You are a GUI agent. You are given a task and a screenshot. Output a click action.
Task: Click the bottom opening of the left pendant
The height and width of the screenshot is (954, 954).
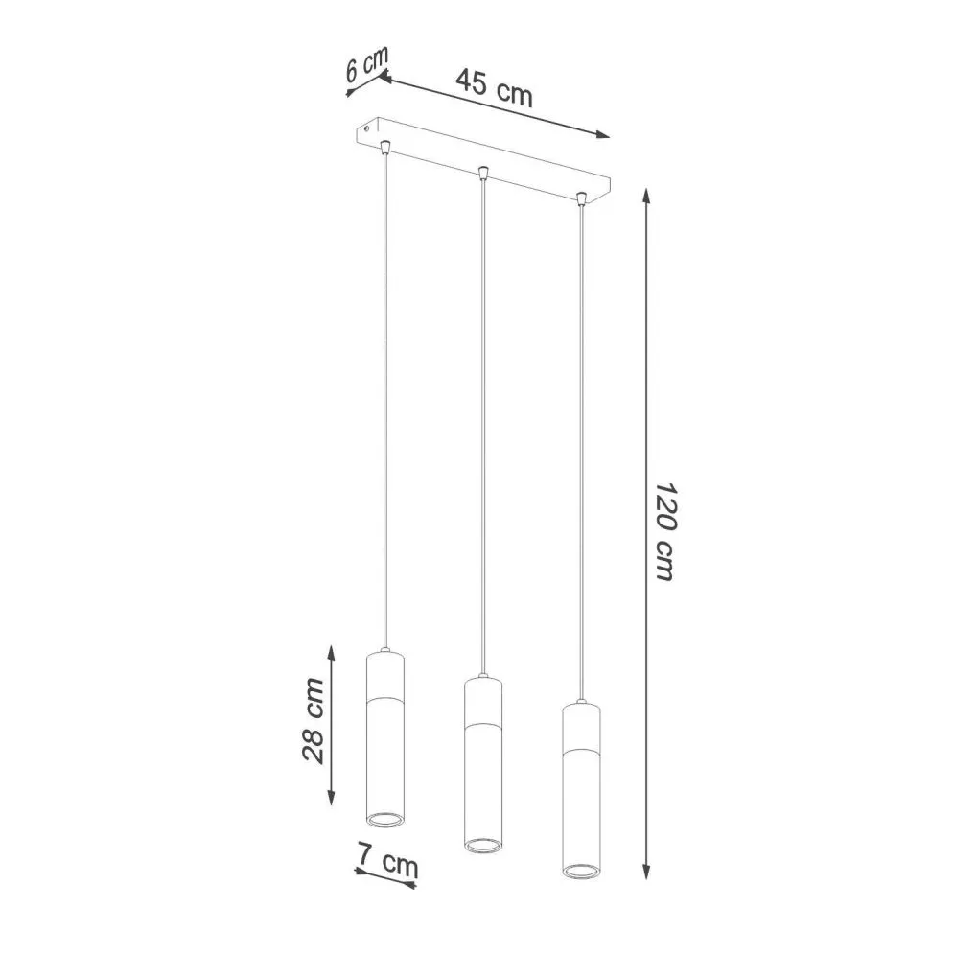[384, 818]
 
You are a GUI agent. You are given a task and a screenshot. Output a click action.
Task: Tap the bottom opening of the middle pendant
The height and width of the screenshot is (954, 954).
[482, 845]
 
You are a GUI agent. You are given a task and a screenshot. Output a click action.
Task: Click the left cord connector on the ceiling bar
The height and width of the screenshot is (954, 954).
[384, 146]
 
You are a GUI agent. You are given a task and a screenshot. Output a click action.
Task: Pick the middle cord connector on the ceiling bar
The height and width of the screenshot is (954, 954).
[483, 173]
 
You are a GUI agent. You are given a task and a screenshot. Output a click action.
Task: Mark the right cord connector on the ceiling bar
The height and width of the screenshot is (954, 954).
[581, 199]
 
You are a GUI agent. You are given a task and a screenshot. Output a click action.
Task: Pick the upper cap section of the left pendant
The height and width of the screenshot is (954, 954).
[384, 670]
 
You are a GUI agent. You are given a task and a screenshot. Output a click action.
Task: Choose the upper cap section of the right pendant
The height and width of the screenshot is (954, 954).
[580, 723]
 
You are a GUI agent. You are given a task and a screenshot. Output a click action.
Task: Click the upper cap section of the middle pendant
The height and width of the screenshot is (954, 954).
[482, 697]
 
